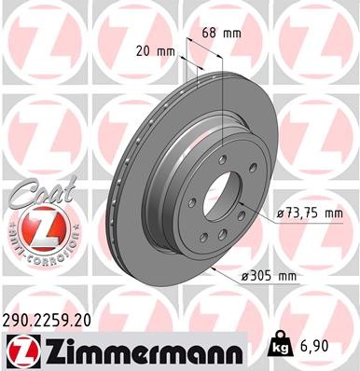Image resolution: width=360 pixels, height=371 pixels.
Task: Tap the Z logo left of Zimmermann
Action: (x=20, y=350)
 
